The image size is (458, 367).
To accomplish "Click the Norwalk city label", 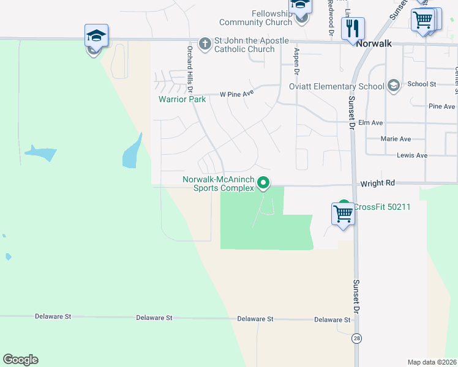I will pyautogui.click(x=374, y=45).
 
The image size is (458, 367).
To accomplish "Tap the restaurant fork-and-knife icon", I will pyautogui.click(x=353, y=28).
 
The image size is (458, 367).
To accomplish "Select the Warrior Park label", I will pyautogui.click(x=182, y=99).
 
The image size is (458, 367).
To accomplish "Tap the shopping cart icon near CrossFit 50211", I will pyautogui.click(x=343, y=214).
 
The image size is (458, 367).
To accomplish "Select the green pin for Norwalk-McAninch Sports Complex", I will pyautogui.click(x=264, y=182).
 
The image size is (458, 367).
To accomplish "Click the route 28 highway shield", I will pyautogui.click(x=356, y=338).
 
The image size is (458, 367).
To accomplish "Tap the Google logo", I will pyautogui.click(x=20, y=360).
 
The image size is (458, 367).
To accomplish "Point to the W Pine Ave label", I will pyautogui.click(x=236, y=95).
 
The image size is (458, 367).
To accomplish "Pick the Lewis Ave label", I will pyautogui.click(x=412, y=155).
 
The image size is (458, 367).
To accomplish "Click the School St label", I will pyautogui.click(x=421, y=84).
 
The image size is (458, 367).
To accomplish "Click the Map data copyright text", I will pyautogui.click(x=432, y=362).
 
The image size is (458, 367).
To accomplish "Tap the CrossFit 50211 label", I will pyautogui.click(x=381, y=207).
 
